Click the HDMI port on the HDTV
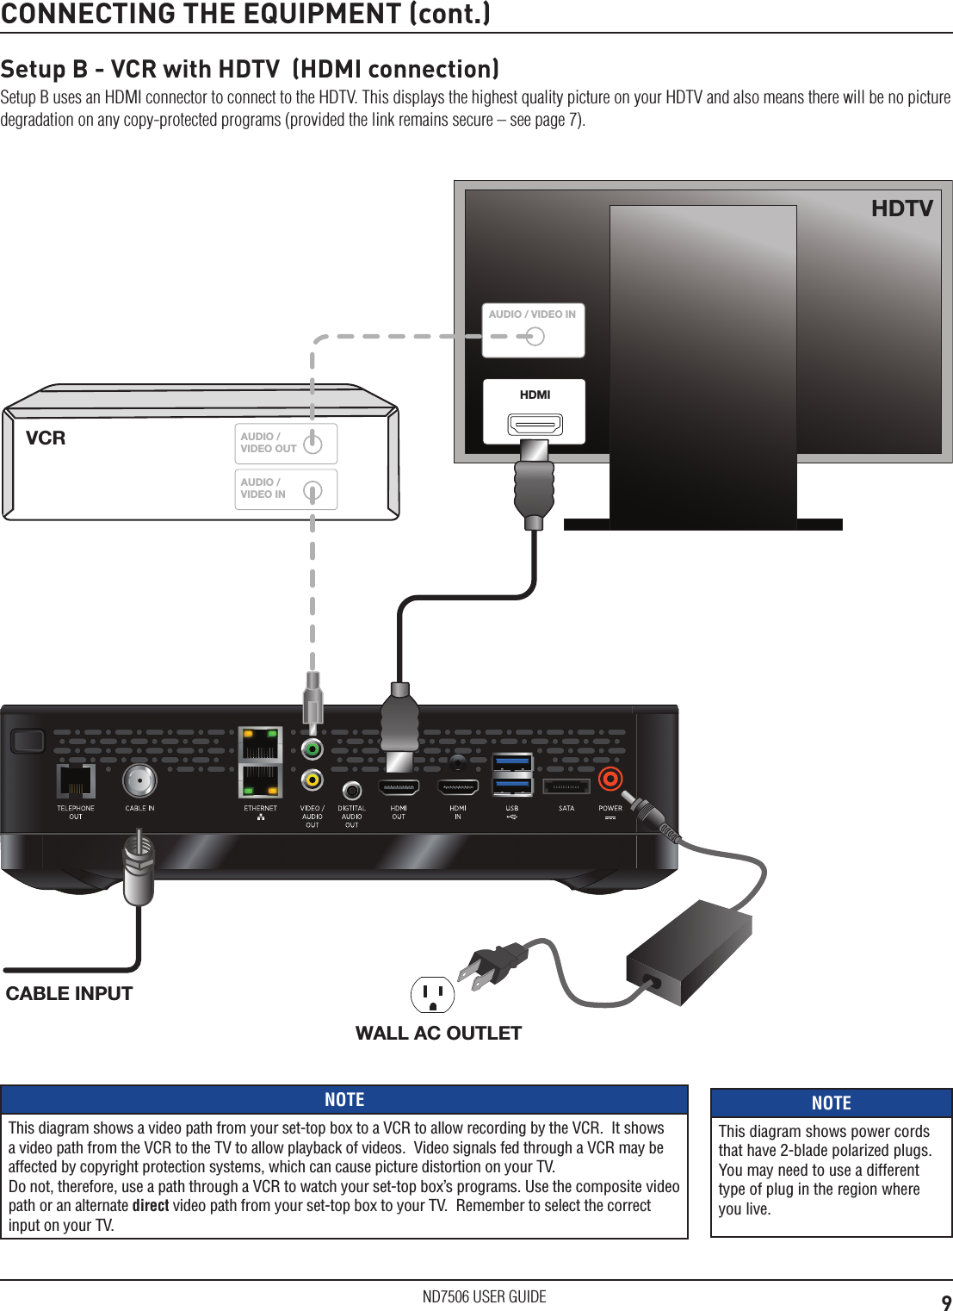point(535,424)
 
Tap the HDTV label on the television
point(901,208)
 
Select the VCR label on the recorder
point(46,438)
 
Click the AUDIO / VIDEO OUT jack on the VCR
point(313,444)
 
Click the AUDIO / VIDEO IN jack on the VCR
point(313,490)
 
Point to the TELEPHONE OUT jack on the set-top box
point(76,781)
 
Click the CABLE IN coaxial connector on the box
point(139,781)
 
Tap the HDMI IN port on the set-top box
point(457,787)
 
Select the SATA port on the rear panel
point(566,786)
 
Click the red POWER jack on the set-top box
point(610,780)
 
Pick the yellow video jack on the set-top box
point(312,780)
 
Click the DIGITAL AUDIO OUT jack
point(351,790)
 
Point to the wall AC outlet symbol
point(432,995)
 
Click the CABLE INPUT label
point(69,993)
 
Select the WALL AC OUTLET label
point(438,1033)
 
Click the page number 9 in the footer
point(946,1302)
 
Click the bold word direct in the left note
point(150,1205)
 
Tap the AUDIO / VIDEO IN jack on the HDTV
point(535,336)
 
